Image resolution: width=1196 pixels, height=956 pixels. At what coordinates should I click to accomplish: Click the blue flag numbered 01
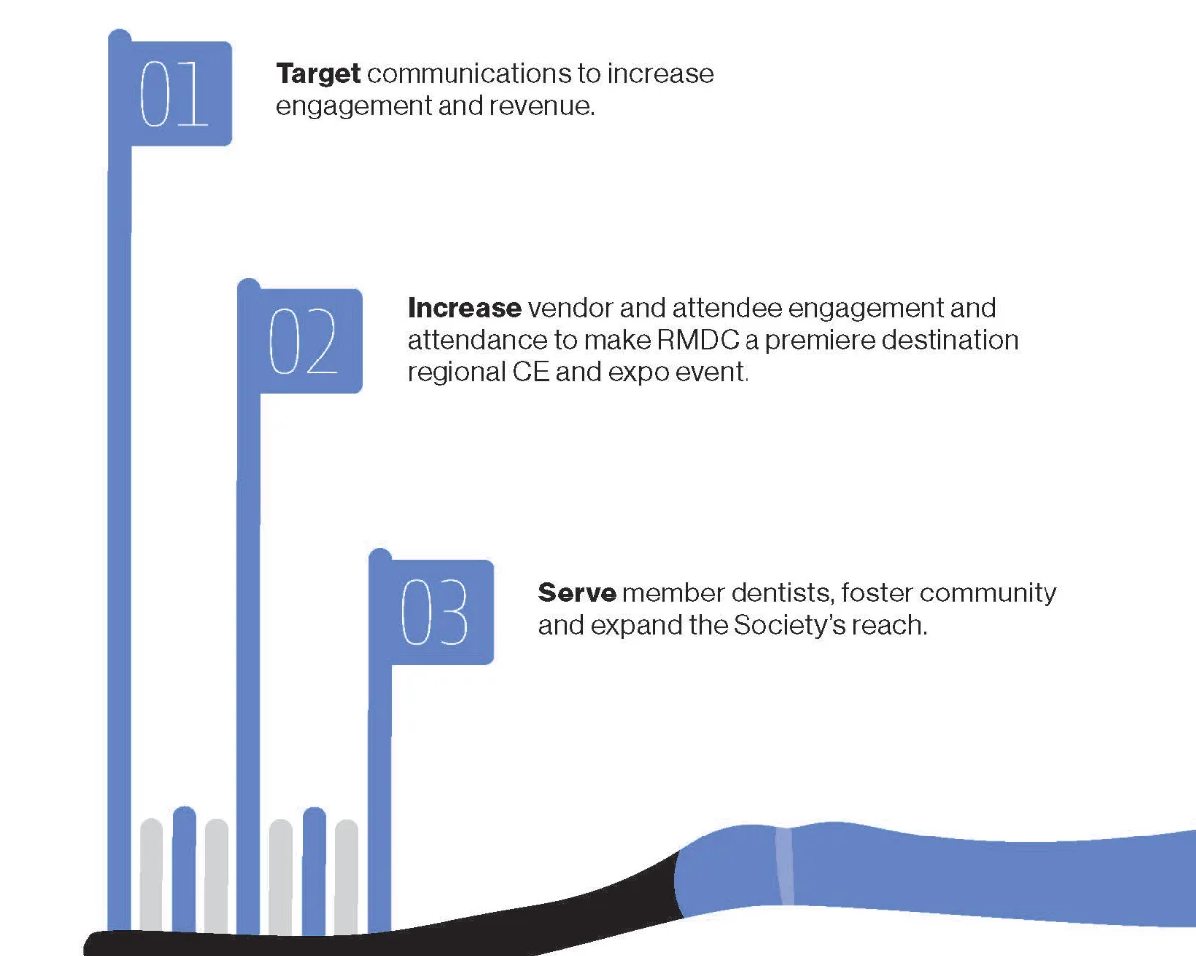(180, 94)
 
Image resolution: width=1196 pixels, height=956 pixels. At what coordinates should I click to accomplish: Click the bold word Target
(318, 74)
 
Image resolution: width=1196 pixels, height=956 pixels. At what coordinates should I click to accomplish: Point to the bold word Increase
(463, 308)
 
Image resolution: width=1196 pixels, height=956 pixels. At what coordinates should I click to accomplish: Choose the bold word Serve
(576, 594)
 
